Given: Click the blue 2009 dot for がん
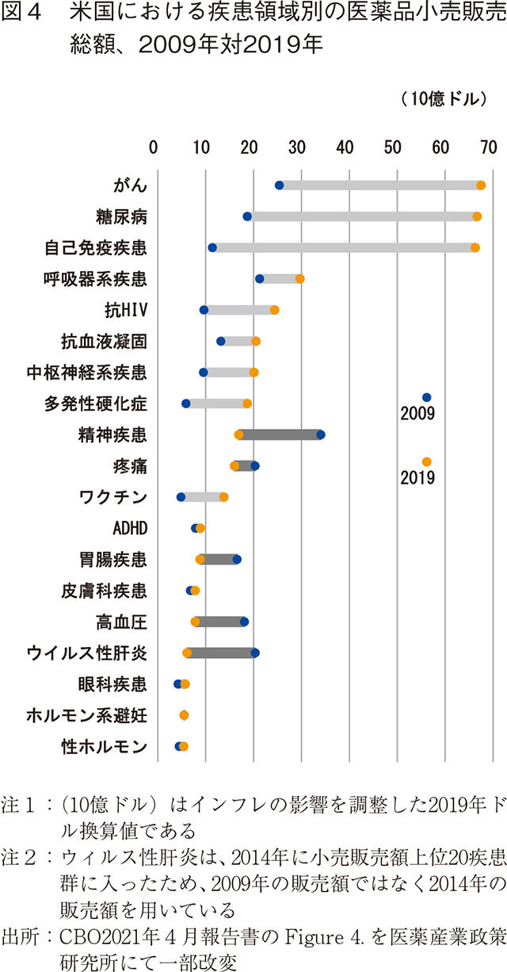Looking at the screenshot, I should tap(279, 186).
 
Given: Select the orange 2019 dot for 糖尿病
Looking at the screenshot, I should tap(477, 216).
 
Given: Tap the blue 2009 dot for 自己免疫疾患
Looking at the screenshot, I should tap(212, 247).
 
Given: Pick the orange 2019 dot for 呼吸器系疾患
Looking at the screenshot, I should tap(299, 278).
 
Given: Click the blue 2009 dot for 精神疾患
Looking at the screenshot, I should tap(320, 434).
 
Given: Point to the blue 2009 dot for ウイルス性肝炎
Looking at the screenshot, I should tap(254, 652).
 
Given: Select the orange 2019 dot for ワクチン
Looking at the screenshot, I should tap(223, 497).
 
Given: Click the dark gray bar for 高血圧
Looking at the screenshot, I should tap(220, 622).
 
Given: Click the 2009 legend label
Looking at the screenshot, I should tap(417, 413).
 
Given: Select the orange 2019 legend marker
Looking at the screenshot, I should tap(427, 461).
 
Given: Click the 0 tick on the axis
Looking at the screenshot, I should tap(154, 147).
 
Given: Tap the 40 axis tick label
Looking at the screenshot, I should tap(345, 147).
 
